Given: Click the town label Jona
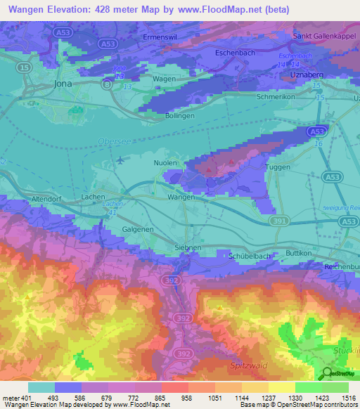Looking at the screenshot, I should click(x=63, y=83).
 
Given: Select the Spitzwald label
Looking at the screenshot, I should click(x=247, y=366).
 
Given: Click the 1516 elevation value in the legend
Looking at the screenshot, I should click(x=347, y=398).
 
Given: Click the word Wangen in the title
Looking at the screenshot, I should click(x=25, y=9).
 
